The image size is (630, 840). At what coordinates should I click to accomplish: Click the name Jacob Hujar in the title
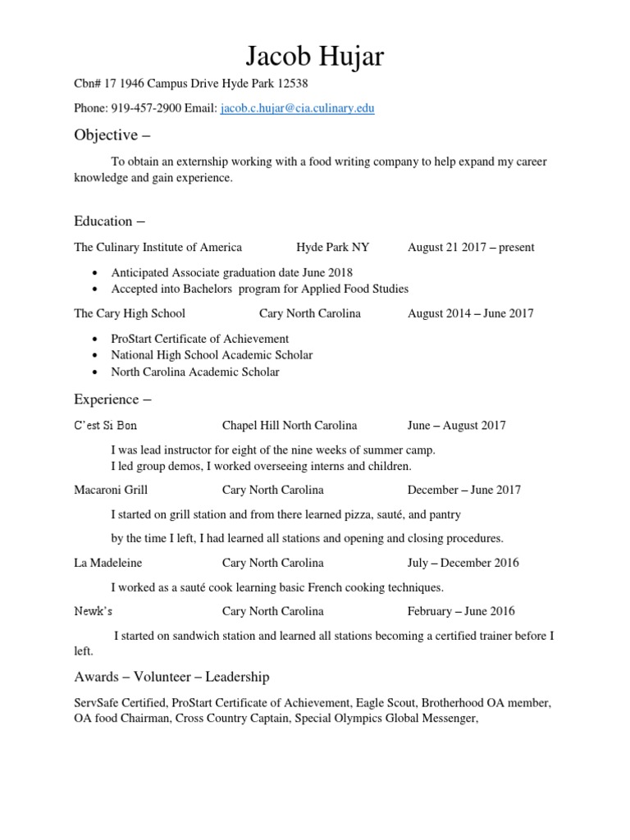click(315, 56)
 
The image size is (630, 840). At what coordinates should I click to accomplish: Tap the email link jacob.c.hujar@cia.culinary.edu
click(298, 108)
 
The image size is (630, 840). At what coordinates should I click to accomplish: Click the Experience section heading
click(112, 399)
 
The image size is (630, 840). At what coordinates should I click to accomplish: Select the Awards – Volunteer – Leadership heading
click(171, 677)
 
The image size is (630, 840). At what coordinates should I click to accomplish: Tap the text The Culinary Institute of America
click(158, 247)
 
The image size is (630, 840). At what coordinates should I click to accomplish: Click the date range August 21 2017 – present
click(470, 247)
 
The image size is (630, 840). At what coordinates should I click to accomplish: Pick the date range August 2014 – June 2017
click(470, 313)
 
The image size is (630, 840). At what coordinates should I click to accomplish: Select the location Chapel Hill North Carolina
click(290, 426)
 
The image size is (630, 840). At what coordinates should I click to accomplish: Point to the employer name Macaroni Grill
click(111, 490)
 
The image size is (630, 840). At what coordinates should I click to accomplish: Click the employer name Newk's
click(94, 611)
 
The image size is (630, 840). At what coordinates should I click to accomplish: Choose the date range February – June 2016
click(461, 611)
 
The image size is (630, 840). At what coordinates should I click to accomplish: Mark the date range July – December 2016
click(463, 563)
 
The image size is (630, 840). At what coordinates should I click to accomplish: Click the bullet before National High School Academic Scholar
click(98, 355)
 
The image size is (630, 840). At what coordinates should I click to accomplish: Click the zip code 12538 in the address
click(293, 84)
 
